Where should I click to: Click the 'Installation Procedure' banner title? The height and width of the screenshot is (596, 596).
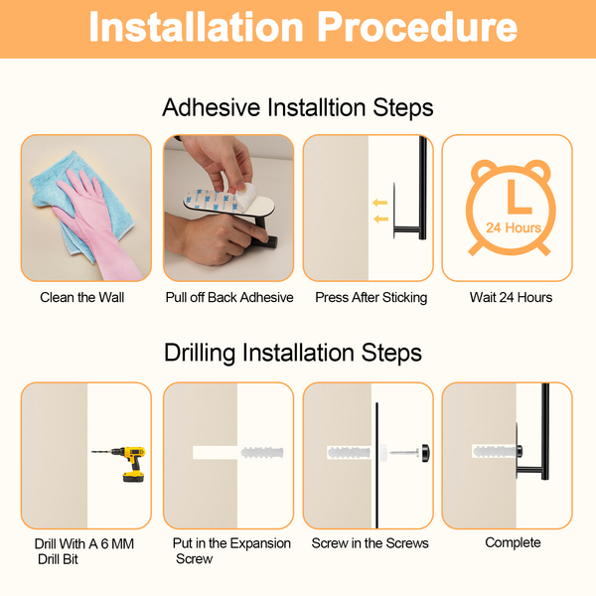303,27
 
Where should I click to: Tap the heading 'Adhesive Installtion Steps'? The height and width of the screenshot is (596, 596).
298,107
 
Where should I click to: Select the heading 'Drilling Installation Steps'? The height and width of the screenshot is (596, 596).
293,353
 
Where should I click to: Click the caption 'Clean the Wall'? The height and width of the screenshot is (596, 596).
82,297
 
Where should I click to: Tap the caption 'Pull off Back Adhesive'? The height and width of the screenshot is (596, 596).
229,297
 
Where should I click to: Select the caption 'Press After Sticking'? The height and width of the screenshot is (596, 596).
371,298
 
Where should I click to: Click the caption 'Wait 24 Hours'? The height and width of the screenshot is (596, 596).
511,297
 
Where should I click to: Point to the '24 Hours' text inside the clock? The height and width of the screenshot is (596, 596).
514,227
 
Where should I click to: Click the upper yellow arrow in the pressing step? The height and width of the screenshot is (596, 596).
379,203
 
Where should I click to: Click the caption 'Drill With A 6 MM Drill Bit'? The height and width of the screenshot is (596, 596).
84,551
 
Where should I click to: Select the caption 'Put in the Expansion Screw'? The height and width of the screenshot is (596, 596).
231,550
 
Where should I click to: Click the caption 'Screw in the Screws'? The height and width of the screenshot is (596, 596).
370,543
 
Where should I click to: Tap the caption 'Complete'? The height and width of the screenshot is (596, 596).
513,542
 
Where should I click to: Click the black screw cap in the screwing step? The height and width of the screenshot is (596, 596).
425,453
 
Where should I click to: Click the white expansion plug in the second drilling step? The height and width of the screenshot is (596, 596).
262,453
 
